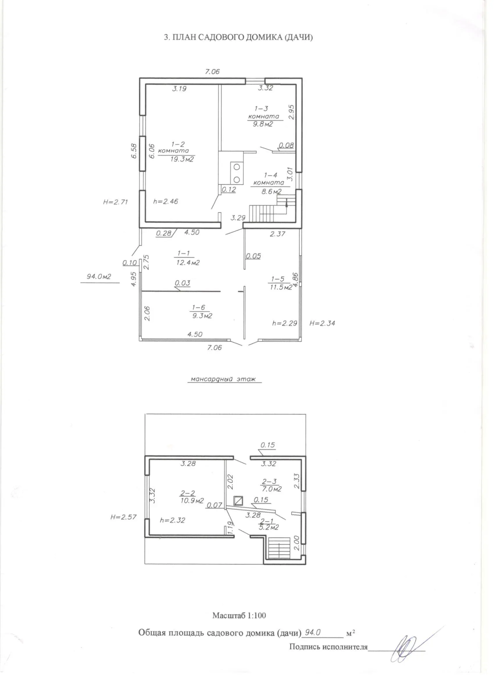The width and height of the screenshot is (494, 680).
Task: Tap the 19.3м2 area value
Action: (182, 159)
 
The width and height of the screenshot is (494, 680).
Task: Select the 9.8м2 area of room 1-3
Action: (263, 124)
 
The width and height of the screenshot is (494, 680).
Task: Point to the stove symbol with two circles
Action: (237, 173)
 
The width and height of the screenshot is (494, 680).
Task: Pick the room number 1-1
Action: (183, 253)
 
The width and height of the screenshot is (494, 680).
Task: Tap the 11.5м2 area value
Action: (281, 287)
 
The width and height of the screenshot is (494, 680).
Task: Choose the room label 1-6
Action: (199, 308)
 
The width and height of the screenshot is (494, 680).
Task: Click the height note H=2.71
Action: (115, 202)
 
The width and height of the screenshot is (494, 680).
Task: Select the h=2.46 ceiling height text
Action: (165, 201)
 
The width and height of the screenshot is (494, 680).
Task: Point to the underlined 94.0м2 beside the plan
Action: (99, 277)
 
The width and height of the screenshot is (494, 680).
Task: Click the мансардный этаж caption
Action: (223, 379)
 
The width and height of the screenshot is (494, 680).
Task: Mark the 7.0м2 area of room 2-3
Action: (271, 489)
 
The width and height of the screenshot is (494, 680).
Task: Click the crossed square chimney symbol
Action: (238, 500)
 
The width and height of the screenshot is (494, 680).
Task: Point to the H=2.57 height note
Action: (123, 517)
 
